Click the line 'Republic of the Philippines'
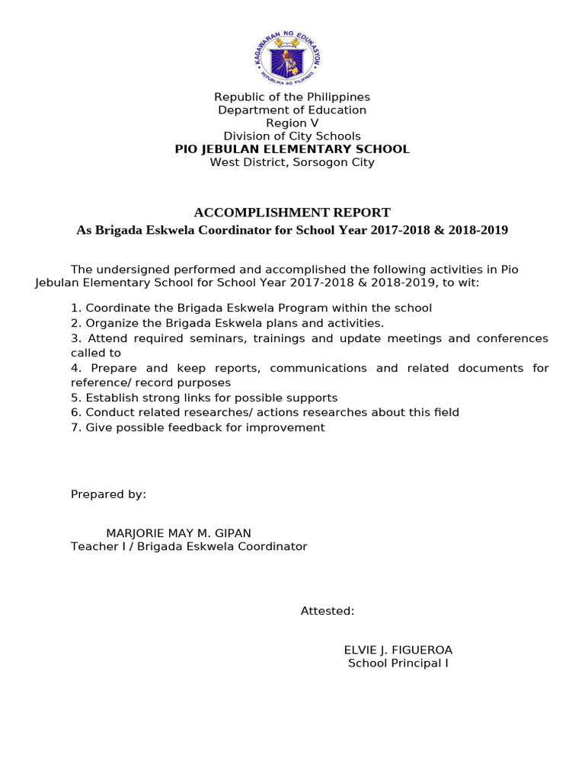pos(292,97)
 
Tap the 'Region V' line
pos(292,123)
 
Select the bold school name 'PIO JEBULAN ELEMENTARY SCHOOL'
pos(292,149)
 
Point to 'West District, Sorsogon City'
pos(292,161)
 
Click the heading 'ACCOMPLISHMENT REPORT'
pos(292,213)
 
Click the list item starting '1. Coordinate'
pos(251,308)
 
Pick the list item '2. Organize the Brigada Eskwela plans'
pos(227,323)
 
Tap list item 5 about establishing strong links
pos(204,398)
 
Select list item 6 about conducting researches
pos(265,412)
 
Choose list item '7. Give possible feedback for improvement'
pos(198,427)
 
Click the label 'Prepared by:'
pos(108,494)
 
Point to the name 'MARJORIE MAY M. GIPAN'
pos(178,533)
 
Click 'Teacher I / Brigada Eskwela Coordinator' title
pos(189,546)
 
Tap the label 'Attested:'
pos(328,611)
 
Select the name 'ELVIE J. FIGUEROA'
pos(398,650)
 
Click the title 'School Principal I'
pos(398,663)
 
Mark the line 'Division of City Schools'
pos(292,136)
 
